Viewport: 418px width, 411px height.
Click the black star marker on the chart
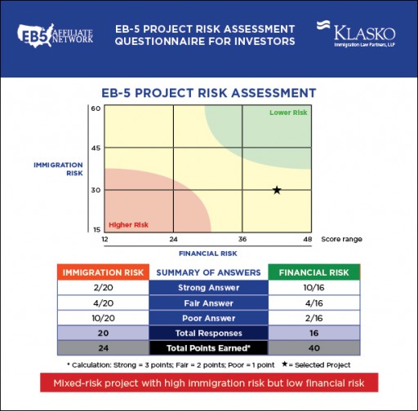coord(277,190)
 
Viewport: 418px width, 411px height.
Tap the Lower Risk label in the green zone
coord(288,112)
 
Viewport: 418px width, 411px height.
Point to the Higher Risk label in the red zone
coord(128,224)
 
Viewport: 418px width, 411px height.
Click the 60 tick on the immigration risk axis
coord(96,108)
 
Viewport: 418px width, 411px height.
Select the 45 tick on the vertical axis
coord(96,148)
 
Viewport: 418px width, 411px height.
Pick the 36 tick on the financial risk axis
coord(242,240)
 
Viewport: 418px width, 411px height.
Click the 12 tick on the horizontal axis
coord(104,240)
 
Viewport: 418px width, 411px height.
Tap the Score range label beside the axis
coord(341,240)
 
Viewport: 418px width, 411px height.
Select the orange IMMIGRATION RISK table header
coord(104,272)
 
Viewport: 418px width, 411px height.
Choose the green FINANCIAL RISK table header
coord(313,272)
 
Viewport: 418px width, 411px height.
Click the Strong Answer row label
coord(208,287)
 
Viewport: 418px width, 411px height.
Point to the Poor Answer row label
coord(208,318)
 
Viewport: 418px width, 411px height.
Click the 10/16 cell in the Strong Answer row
coord(313,287)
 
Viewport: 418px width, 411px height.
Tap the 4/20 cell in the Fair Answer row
coord(104,303)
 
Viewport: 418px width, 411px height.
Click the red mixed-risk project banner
coord(210,382)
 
